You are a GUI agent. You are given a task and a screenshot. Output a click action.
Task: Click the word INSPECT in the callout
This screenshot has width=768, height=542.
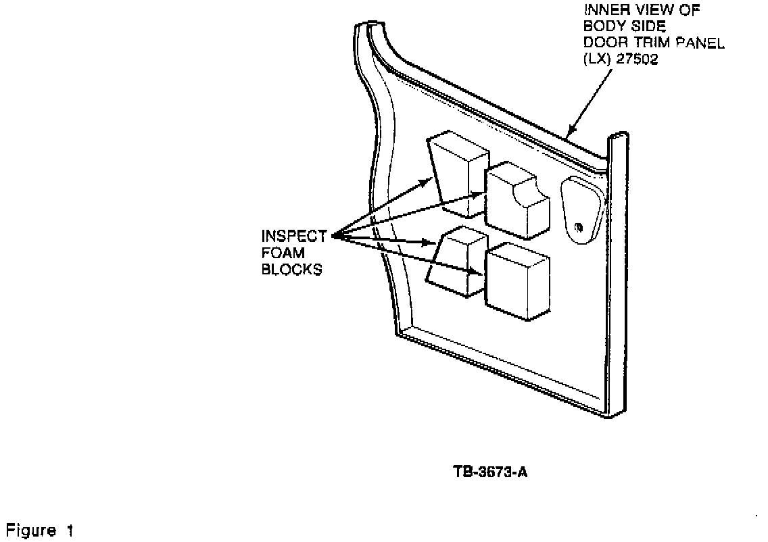click(294, 237)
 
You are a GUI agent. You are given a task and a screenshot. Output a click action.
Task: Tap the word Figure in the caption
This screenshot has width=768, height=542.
click(31, 531)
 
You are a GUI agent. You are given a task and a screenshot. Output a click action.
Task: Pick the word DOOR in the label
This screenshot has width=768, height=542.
click(599, 43)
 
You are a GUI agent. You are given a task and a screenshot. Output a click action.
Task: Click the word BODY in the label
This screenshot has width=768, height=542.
click(599, 28)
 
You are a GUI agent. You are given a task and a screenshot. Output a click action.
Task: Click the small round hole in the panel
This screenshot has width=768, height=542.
click(579, 226)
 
